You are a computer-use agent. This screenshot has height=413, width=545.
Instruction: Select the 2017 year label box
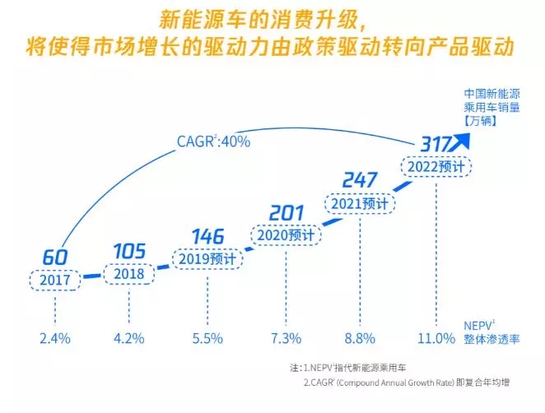click(x=55, y=279)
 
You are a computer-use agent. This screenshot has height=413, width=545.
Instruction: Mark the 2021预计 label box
click(x=360, y=202)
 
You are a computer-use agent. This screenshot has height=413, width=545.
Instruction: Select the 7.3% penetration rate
click(x=285, y=338)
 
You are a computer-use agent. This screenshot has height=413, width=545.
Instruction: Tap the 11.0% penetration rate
click(x=436, y=338)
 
